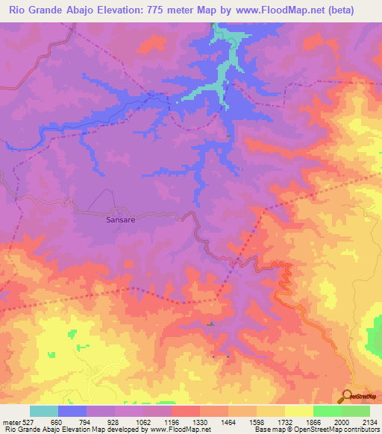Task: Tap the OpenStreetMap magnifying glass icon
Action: point(345,395)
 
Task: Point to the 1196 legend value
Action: point(171,421)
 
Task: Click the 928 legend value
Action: point(114,421)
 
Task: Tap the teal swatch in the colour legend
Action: point(44,411)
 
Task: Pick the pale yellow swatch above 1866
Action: point(298,411)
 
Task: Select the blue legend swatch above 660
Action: point(72,411)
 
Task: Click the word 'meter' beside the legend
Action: point(10,421)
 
